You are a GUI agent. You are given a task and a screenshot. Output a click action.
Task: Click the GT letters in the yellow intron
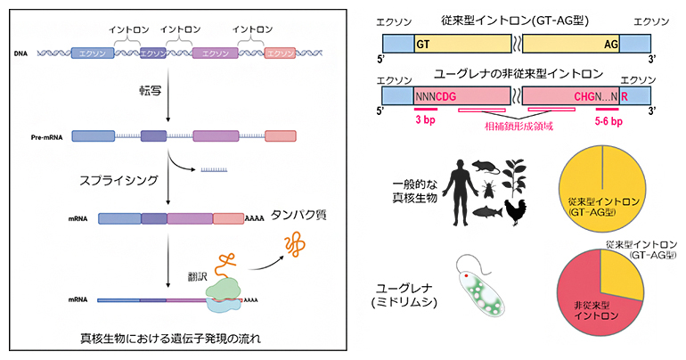(423, 43)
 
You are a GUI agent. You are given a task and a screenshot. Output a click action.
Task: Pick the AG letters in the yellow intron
(610, 43)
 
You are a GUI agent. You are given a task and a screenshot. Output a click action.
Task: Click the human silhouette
(459, 198)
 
